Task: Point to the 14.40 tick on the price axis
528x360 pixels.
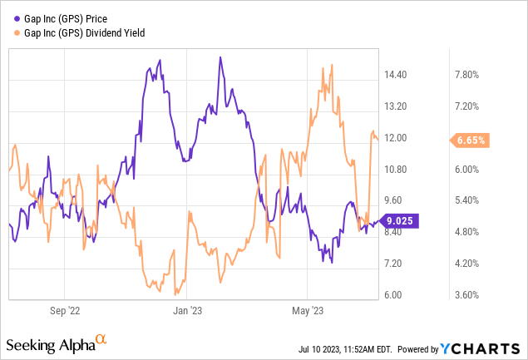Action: click(x=401, y=75)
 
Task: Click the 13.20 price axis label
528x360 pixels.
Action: click(x=401, y=106)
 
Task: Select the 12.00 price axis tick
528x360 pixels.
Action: click(x=401, y=138)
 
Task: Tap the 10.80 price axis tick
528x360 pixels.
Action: click(x=401, y=170)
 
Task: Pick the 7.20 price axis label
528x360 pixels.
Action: click(x=401, y=264)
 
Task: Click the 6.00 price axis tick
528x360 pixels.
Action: click(x=401, y=295)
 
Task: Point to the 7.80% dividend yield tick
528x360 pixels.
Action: click(x=469, y=75)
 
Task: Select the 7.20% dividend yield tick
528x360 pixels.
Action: click(x=469, y=106)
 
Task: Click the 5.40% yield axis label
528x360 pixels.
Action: click(x=469, y=201)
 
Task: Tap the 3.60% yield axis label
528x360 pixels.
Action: click(x=469, y=295)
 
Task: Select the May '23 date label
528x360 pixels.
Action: click(x=307, y=313)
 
